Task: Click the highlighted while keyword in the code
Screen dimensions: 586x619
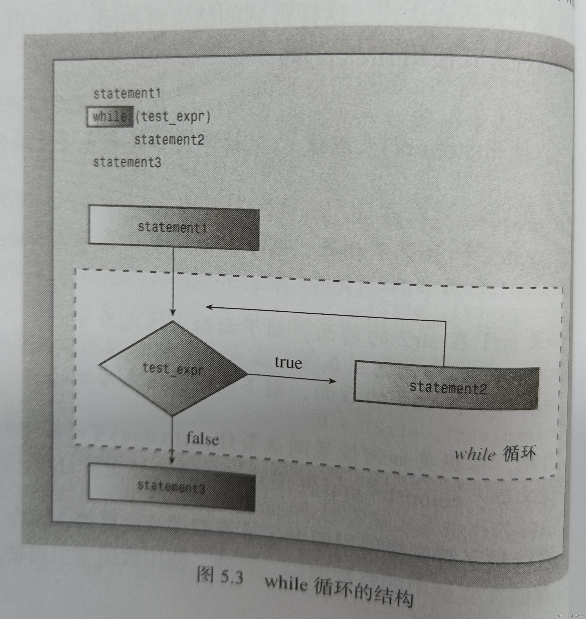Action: pyautogui.click(x=110, y=117)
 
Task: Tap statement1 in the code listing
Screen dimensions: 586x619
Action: pyautogui.click(x=127, y=94)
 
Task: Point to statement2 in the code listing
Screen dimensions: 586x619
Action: pyautogui.click(x=169, y=139)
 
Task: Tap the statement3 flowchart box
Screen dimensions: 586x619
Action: pyautogui.click(x=171, y=487)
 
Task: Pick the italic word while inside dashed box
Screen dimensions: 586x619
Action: pyautogui.click(x=474, y=455)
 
